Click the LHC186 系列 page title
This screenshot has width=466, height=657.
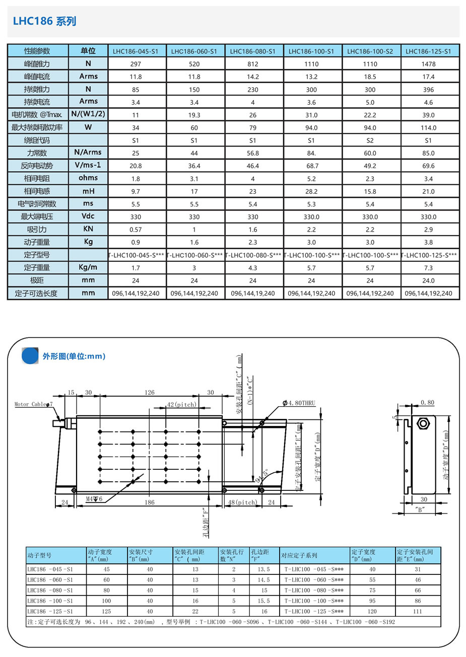coord(44,21)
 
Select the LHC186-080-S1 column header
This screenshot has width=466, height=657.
coord(253,51)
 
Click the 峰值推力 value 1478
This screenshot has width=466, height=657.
coord(428,64)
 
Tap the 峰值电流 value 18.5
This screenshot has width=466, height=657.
coord(370,77)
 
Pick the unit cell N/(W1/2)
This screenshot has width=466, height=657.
coord(88,114)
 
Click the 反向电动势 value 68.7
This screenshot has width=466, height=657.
coord(311,166)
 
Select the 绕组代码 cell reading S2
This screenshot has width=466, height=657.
coord(370,140)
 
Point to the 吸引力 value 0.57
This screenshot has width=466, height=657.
coord(136,230)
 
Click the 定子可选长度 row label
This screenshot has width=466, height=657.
coord(37,293)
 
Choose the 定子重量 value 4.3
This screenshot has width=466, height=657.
coord(253,268)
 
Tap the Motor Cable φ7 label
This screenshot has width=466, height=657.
coord(33,404)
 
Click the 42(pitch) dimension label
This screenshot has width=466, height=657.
coord(182,405)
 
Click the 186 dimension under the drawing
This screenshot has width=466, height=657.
coord(150,502)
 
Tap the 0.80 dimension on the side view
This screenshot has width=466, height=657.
coord(427,403)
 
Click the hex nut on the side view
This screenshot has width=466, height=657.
coord(423,423)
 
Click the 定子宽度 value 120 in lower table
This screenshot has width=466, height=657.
coord(372,611)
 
